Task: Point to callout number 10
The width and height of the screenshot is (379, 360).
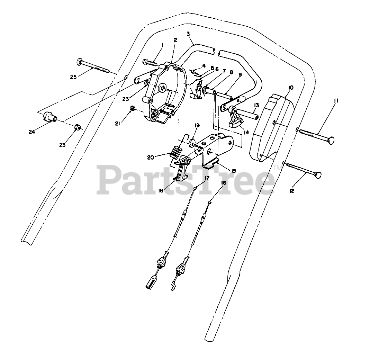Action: (290, 88)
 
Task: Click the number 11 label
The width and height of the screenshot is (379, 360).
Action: (336, 101)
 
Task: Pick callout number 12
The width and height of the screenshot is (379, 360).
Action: (292, 190)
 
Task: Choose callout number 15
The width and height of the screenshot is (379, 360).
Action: (233, 171)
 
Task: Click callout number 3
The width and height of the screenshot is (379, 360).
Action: (188, 34)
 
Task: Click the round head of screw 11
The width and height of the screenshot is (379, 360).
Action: (331, 140)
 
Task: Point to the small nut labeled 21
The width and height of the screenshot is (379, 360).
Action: (132, 109)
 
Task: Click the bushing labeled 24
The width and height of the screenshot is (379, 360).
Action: (48, 117)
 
